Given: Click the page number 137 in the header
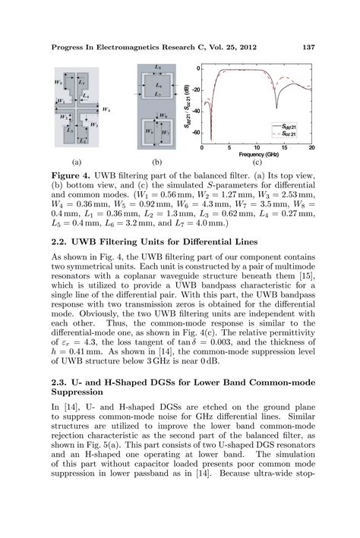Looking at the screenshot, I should pos(309,47).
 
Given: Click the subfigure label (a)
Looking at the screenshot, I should pos(76,162).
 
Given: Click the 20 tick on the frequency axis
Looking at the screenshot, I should pos(311,147).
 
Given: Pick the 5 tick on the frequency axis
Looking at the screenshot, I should pos(229,147).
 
